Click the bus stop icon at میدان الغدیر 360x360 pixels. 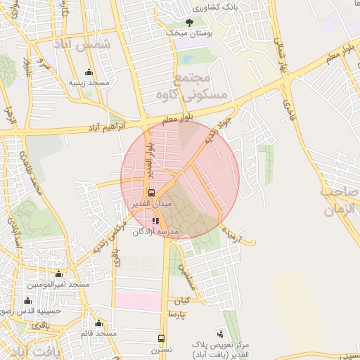[152, 193]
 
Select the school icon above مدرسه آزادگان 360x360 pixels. [155, 221]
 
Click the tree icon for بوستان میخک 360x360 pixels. [189, 22]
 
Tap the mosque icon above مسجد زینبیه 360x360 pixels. [89, 72]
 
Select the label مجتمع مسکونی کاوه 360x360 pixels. [200, 85]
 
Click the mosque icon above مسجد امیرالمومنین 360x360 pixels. [58, 274]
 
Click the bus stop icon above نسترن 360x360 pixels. [162, 338]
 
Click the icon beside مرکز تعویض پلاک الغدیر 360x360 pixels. [221, 334]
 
